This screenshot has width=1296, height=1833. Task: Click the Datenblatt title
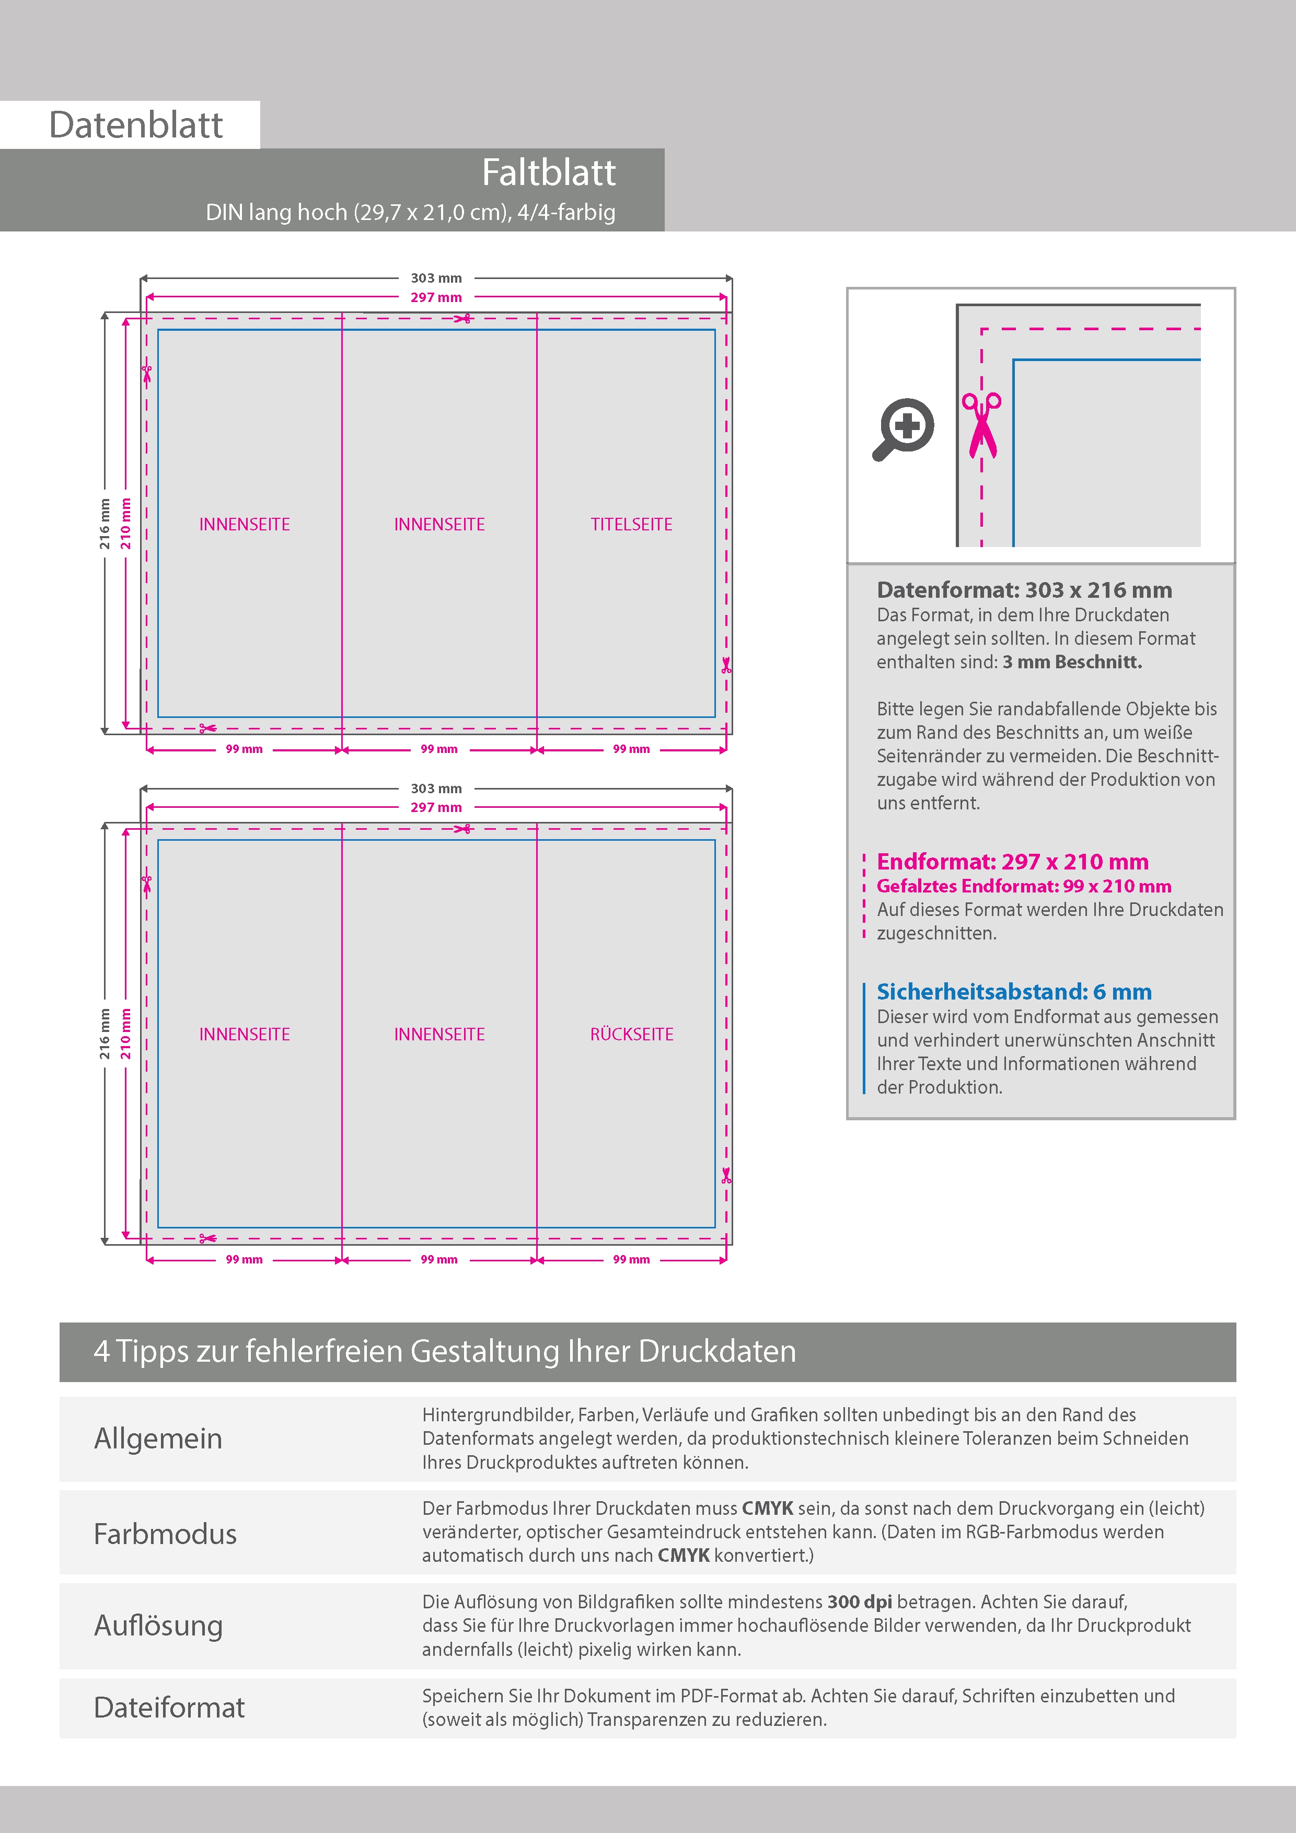click(x=136, y=125)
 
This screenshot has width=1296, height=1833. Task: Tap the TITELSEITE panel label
click(x=631, y=525)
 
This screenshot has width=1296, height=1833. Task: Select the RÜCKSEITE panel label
click(x=631, y=1035)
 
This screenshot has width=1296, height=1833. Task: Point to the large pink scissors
click(x=981, y=425)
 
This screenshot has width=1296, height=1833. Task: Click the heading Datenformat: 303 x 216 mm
click(x=1024, y=590)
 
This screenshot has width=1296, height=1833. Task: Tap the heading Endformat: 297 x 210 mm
click(x=1012, y=862)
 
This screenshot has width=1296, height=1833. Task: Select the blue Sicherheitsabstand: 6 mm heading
click(x=1013, y=992)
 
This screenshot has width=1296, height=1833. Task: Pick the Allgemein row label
click(x=158, y=1438)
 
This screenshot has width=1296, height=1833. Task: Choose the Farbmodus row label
click(x=165, y=1534)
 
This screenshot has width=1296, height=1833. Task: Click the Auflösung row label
click(x=158, y=1626)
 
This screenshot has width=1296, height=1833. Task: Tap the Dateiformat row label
click(x=169, y=1708)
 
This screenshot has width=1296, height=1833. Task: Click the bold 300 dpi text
click(x=859, y=1602)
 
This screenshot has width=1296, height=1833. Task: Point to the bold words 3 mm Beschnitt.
click(x=1072, y=662)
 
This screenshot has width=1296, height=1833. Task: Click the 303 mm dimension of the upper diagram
click(x=436, y=278)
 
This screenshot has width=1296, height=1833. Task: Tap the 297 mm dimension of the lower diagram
click(x=436, y=807)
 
